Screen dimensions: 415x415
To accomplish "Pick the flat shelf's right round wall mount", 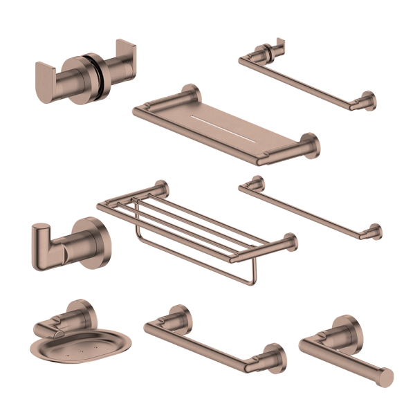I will [x=309, y=146].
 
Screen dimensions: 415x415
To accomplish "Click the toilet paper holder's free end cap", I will [x=385, y=376].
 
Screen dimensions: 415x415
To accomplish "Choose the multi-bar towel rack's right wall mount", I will [x=286, y=241].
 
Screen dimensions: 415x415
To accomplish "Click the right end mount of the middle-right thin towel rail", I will [x=374, y=230].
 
